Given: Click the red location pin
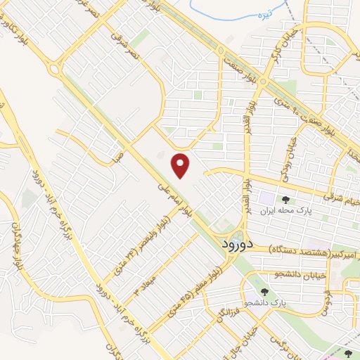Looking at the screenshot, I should point(181,165).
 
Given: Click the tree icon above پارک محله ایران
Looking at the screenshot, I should point(283,200).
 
